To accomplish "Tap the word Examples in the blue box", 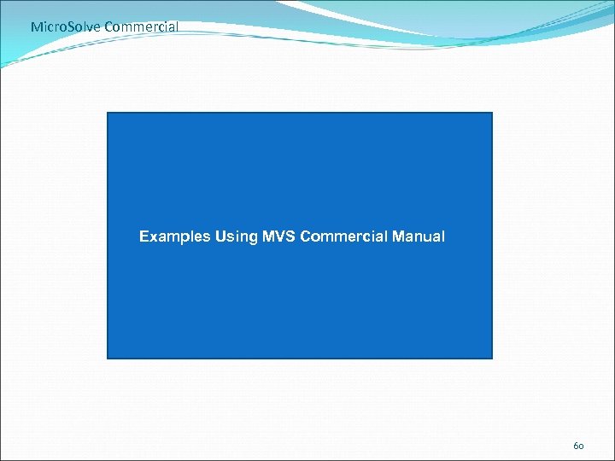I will (174, 236).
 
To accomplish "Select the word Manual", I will (419, 236).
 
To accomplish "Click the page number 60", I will (578, 446).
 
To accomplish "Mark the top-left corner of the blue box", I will (108, 113).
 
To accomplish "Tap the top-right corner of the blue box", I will (492, 113).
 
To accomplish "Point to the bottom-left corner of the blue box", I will (108, 358).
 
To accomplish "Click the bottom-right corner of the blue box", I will (492, 358).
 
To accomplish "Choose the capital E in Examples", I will (143, 236).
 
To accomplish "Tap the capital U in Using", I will (220, 236).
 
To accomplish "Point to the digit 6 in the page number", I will (575, 446).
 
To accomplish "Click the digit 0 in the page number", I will (582, 446).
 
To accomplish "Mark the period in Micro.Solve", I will (69, 30).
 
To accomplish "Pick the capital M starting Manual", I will (397, 236).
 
